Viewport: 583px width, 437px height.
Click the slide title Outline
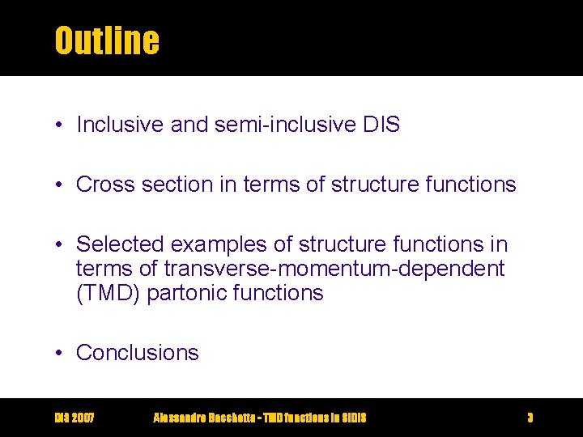106,40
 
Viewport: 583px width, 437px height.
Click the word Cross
106,185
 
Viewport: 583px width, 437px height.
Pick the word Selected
121,244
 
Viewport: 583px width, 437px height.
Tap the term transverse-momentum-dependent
334,268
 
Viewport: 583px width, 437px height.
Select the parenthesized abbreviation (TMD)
110,293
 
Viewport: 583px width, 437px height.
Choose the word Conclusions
138,353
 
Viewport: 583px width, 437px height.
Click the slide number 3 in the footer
530,418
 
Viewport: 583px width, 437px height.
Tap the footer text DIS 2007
74,418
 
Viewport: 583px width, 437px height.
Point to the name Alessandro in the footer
181,418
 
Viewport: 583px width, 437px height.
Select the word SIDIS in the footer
351,418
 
